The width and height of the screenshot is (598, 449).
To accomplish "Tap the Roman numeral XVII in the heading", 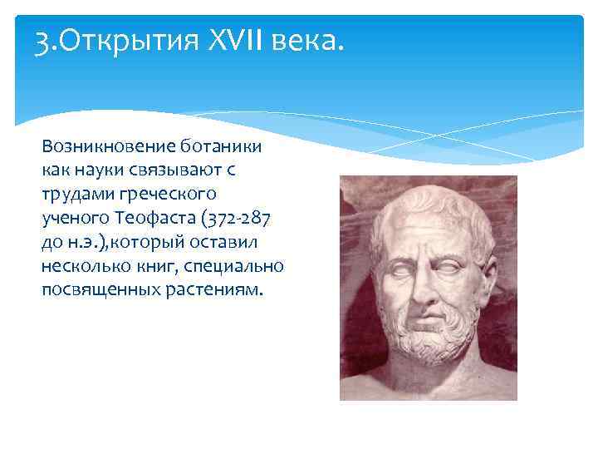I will tap(233, 39).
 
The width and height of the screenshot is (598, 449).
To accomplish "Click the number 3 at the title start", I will tap(42, 39).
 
